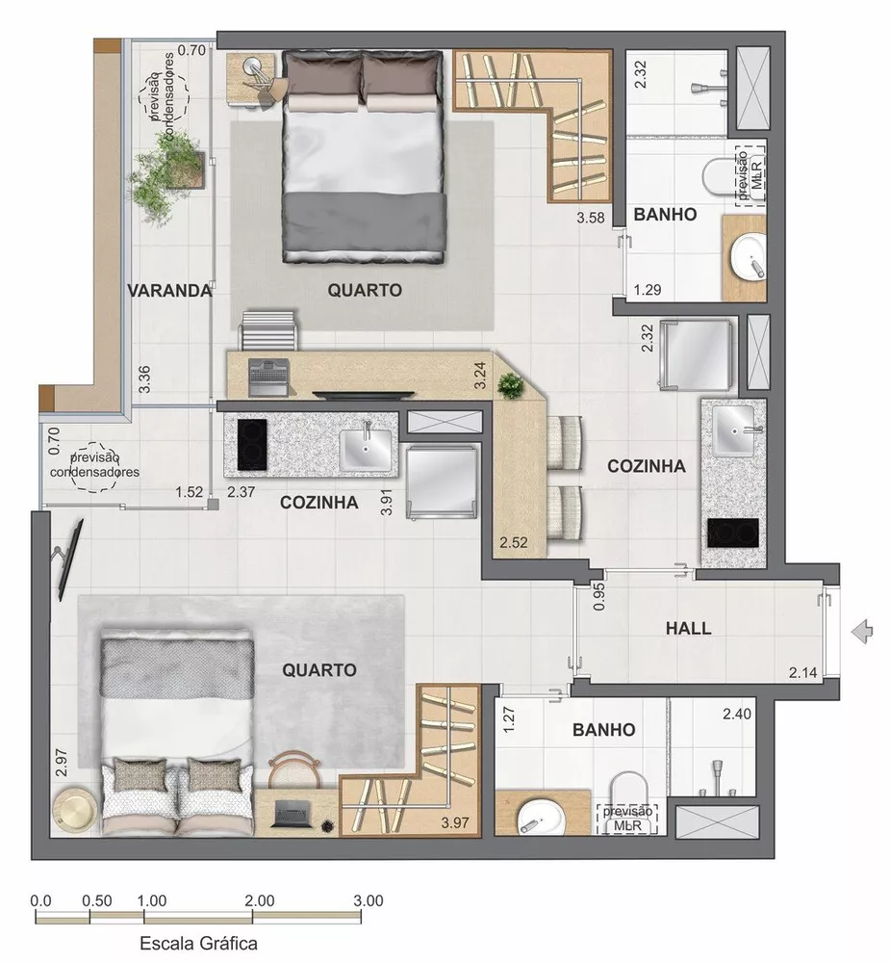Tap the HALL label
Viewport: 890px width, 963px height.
point(688,628)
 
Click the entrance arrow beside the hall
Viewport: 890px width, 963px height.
point(863,631)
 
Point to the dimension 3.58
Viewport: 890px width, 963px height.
point(590,219)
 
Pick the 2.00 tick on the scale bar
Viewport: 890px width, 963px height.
point(259,901)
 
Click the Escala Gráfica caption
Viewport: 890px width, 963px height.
point(199,943)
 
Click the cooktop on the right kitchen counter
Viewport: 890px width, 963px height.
point(732,532)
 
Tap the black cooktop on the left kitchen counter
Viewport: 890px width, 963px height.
point(251,445)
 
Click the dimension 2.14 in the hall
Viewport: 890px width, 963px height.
point(804,671)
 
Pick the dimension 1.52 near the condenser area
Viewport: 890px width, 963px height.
point(190,492)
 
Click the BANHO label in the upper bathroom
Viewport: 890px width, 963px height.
point(664,215)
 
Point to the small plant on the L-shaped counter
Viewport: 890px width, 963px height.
point(509,385)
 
